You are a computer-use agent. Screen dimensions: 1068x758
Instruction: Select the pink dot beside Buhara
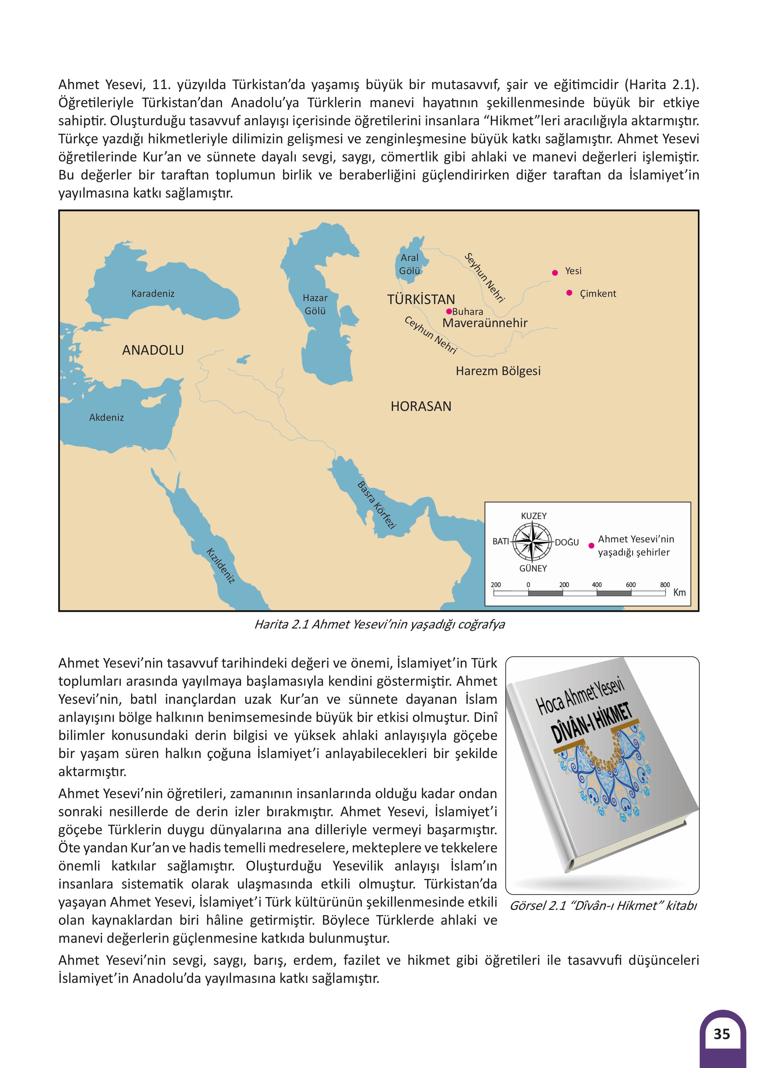449,311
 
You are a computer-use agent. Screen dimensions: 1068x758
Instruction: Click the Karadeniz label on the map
153,293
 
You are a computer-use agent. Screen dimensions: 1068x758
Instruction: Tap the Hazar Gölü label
315,304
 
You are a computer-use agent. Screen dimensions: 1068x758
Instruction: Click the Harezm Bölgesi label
498,371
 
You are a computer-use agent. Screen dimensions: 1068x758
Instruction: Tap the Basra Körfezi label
377,505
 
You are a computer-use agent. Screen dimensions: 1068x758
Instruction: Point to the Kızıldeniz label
221,566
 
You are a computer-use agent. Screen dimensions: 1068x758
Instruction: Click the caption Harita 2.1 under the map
379,624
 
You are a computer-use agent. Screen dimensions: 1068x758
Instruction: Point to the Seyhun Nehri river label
485,277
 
